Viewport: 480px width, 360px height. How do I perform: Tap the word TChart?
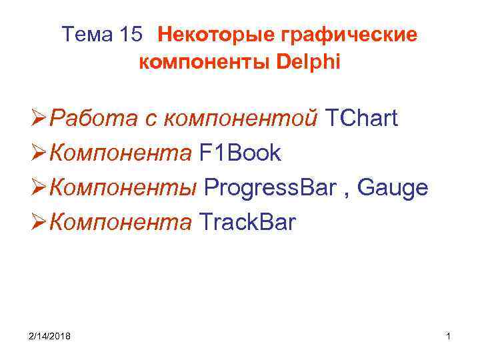click(x=361, y=119)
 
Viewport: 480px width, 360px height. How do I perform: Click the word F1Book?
click(x=240, y=153)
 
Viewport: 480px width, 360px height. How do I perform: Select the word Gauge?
click(x=393, y=188)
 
